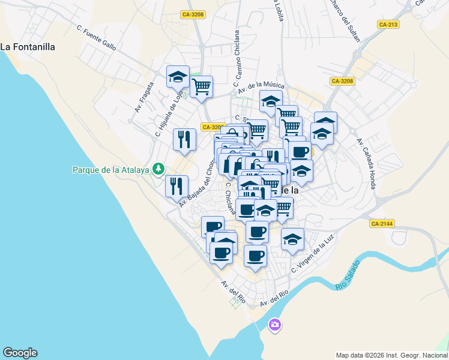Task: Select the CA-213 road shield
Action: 388,25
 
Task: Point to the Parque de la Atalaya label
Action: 110,170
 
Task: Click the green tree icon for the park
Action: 158,169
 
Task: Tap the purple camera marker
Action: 275,325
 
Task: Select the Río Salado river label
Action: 348,275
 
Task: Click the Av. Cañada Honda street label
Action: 366,163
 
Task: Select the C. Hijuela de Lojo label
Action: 169,109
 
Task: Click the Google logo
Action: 20,353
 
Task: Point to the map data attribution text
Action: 391,355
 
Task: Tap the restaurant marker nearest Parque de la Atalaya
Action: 177,185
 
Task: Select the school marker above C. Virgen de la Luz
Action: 292,239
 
